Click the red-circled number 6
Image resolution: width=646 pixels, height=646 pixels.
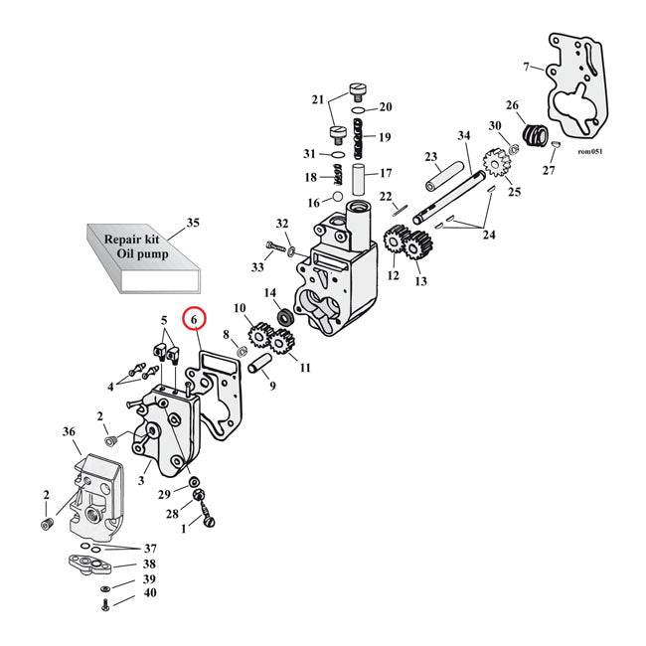(x=195, y=318)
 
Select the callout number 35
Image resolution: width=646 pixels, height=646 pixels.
(x=193, y=223)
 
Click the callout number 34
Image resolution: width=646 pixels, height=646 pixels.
(x=463, y=136)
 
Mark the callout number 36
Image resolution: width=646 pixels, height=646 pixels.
(x=69, y=431)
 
